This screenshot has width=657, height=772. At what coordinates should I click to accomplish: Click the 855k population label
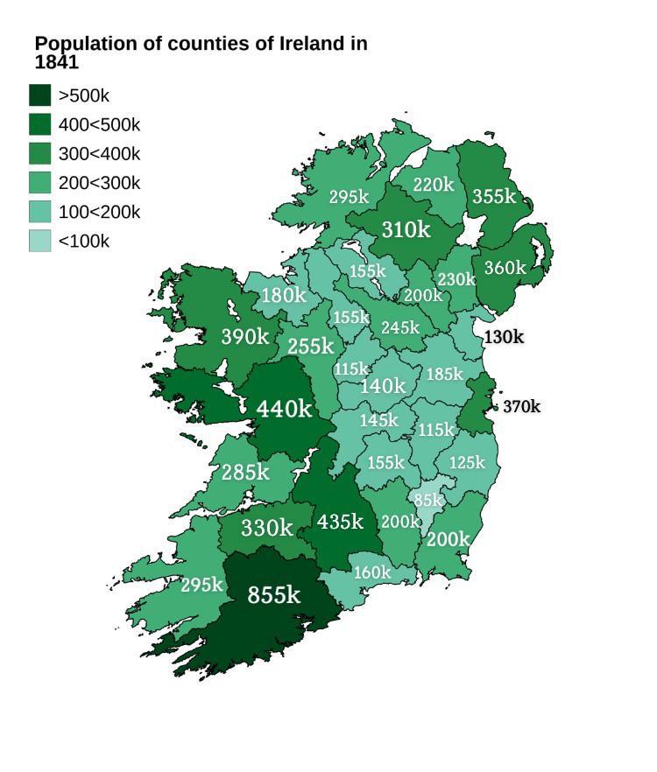point(273,595)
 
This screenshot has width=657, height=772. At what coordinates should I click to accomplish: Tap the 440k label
point(284,408)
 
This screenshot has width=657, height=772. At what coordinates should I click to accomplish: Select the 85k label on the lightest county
point(427,501)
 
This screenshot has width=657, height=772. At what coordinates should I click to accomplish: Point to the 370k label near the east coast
point(521,407)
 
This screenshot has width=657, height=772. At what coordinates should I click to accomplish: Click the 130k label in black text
point(504,337)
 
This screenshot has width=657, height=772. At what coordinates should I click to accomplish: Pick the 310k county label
point(406,229)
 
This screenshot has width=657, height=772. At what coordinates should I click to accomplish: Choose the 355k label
point(494,197)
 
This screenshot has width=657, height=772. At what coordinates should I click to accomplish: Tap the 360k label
point(505,268)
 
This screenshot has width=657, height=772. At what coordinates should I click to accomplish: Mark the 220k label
point(434,185)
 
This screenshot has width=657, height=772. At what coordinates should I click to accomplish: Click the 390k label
point(244,336)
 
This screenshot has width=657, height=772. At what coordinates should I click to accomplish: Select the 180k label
point(284,295)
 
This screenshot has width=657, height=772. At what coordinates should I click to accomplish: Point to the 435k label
point(340,522)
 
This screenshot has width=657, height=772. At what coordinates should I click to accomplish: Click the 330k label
point(266,528)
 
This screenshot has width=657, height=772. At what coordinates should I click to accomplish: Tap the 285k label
point(244,473)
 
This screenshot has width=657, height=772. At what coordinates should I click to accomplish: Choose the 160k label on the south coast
point(372,572)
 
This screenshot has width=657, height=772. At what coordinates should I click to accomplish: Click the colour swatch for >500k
point(40,95)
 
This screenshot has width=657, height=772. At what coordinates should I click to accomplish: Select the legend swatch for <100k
point(40,241)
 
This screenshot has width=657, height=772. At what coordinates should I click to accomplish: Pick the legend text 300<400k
point(99,154)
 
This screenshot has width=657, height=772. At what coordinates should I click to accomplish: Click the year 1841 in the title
point(57,63)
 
